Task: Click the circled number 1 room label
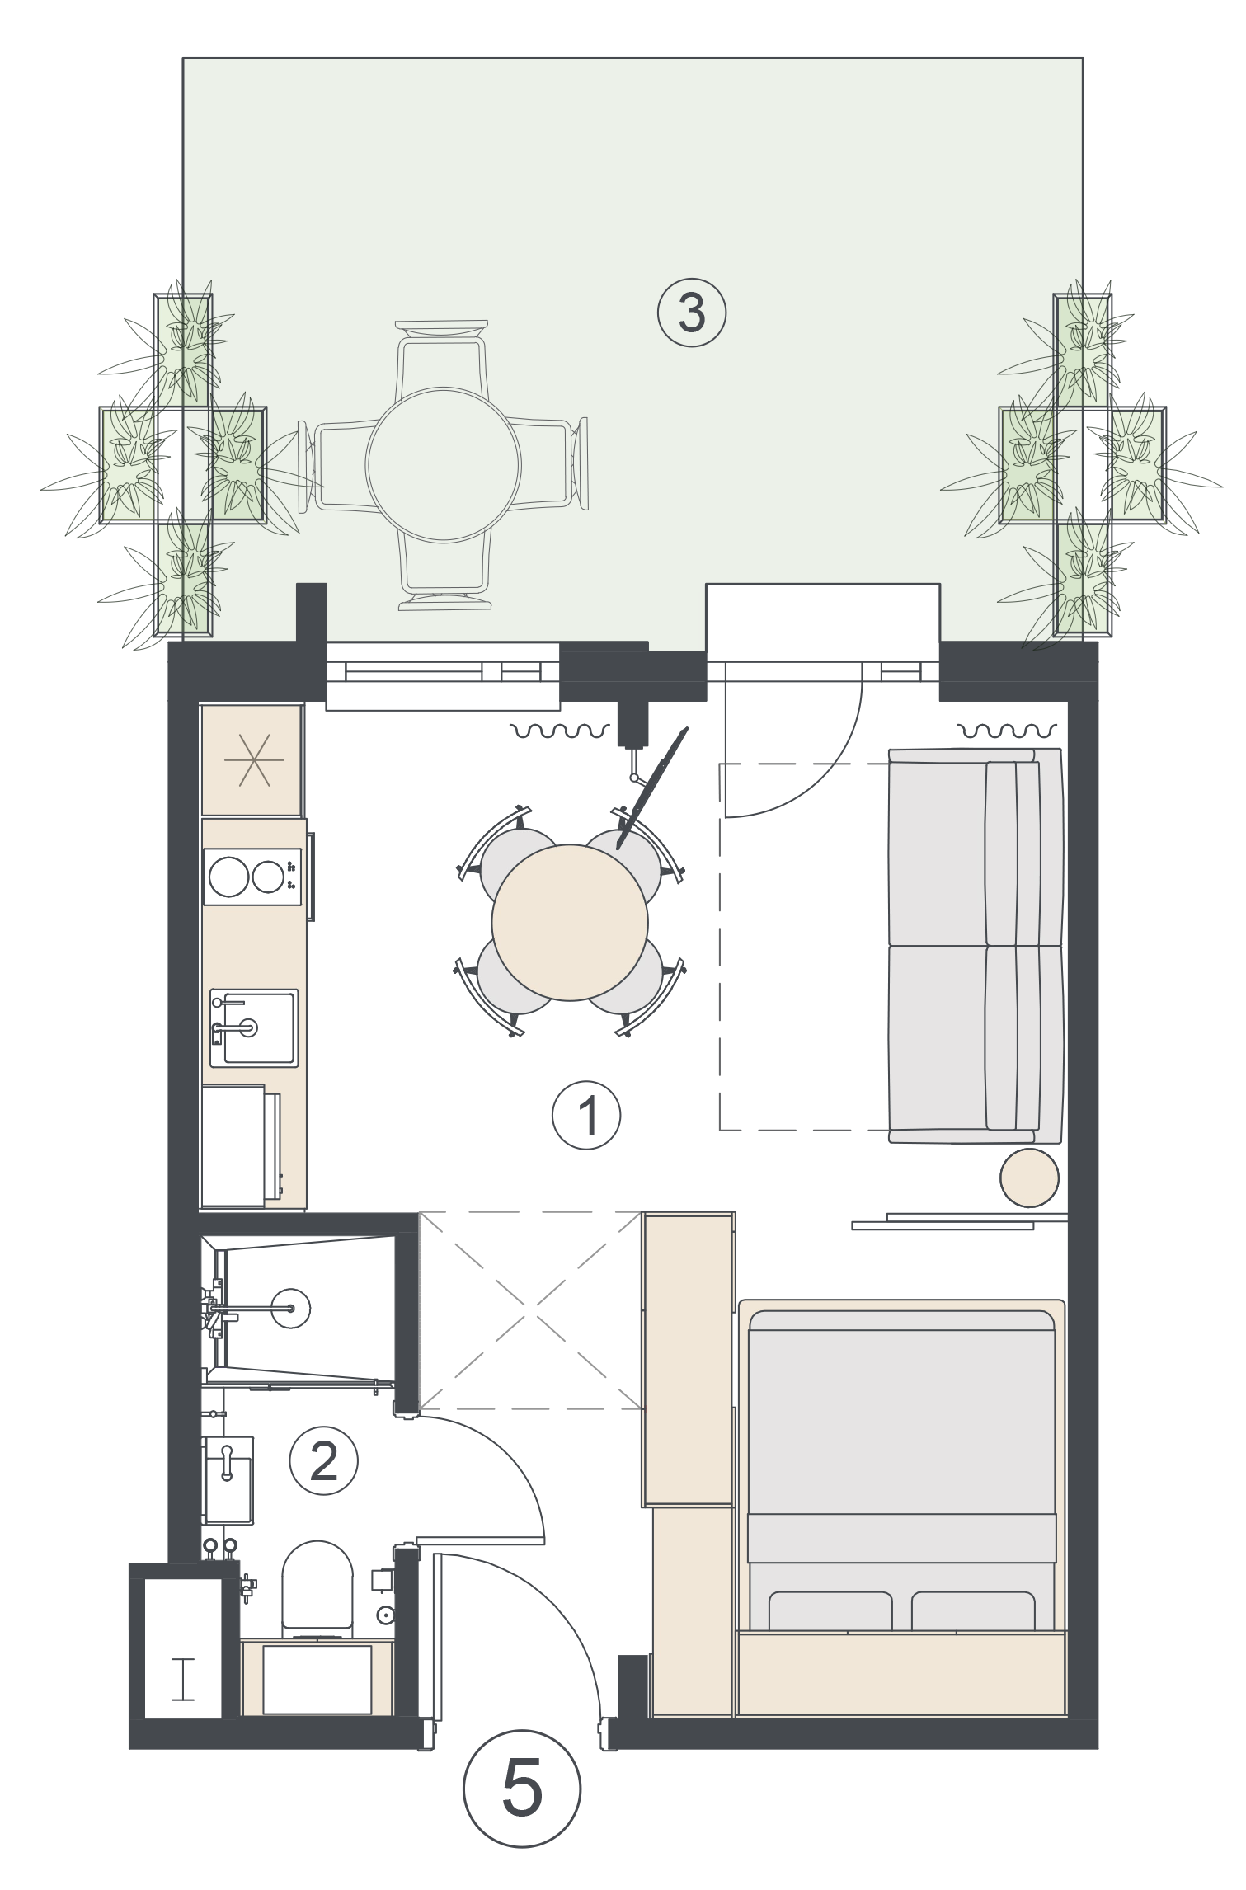586,1116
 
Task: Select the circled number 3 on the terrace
692,313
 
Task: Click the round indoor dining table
570,922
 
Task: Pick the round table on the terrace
444,464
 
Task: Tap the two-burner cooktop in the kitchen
252,877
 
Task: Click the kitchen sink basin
254,1027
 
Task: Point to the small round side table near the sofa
1029,1178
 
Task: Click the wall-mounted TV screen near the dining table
653,787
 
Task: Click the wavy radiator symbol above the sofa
1007,731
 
